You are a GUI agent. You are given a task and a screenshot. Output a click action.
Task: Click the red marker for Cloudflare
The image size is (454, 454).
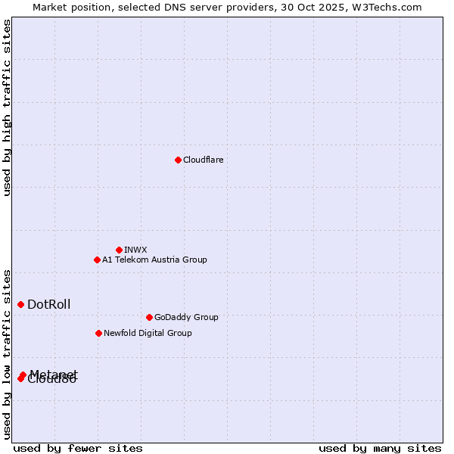(178, 160)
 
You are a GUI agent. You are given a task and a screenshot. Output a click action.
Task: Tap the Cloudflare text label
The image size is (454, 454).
(203, 160)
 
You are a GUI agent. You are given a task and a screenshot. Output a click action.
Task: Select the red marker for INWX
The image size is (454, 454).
(119, 250)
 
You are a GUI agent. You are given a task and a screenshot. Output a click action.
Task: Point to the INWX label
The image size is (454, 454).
(135, 250)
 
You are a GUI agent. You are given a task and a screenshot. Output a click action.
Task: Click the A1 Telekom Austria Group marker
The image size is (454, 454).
(97, 260)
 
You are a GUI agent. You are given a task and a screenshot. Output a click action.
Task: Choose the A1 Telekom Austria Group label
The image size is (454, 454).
(154, 260)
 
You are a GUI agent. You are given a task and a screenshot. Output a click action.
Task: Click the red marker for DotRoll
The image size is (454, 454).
(20, 304)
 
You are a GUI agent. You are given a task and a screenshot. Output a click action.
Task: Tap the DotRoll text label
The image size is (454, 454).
(48, 304)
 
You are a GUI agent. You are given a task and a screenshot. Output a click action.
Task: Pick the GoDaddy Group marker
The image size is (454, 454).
(149, 317)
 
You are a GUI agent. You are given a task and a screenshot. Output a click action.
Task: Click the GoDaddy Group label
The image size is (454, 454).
(185, 317)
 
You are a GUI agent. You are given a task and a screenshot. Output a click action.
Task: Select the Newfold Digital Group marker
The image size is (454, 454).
(98, 333)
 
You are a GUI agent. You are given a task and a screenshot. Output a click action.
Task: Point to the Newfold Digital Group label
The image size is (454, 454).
(148, 333)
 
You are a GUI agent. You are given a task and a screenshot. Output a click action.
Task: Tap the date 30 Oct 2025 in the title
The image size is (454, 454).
(317, 8)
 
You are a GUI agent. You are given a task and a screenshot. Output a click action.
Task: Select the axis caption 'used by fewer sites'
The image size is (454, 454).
(78, 448)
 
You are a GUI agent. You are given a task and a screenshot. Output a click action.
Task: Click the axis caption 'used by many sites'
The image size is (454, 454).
(380, 448)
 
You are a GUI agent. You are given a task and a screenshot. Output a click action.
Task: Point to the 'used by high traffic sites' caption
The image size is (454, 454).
(8, 107)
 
